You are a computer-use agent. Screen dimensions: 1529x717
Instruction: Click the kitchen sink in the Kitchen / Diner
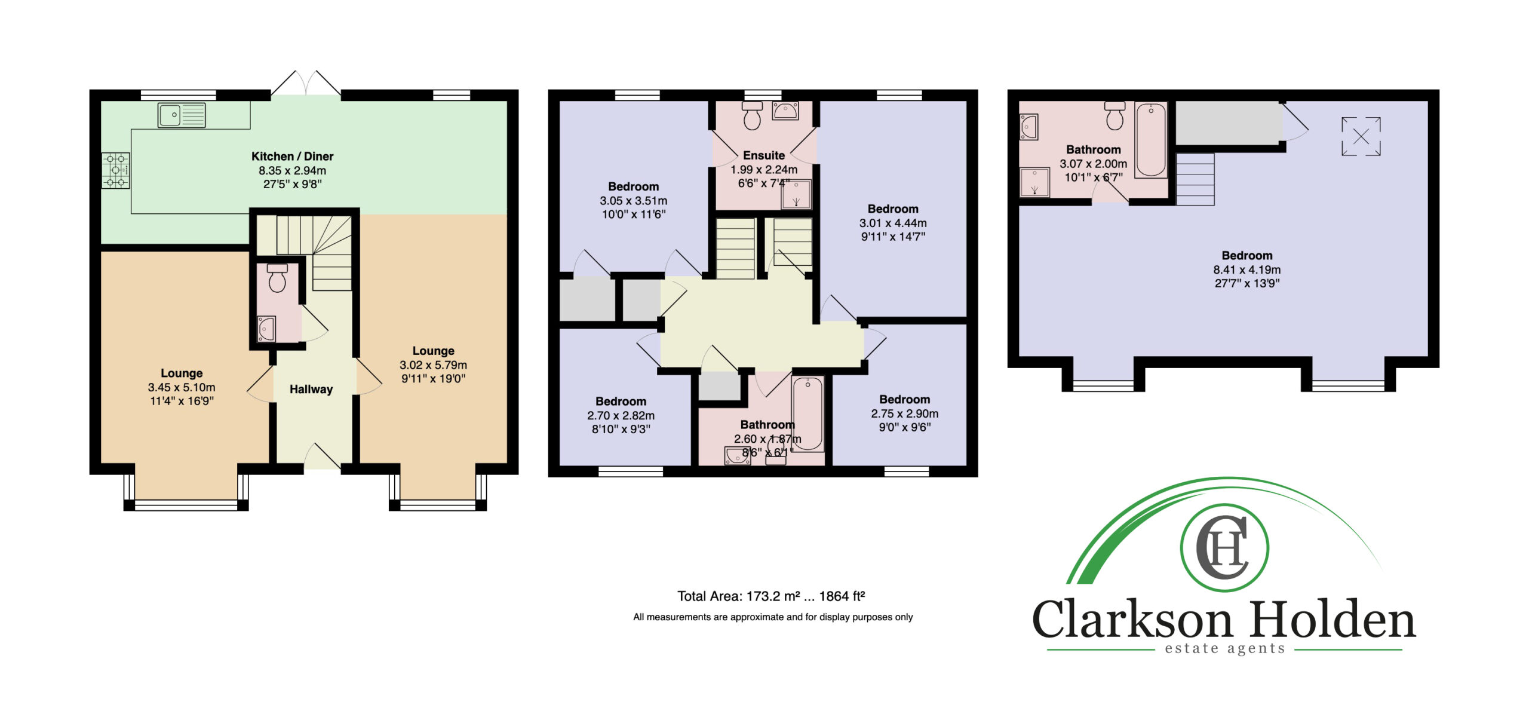click(182, 115)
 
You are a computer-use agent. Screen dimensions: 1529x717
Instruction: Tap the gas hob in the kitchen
click(116, 171)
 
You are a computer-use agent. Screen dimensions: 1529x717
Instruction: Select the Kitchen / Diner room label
click(292, 157)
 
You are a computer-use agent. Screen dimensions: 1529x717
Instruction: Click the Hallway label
click(311, 390)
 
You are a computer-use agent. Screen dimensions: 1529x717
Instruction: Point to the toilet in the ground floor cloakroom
click(277, 278)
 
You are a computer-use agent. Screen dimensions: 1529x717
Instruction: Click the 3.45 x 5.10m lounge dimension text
click(182, 388)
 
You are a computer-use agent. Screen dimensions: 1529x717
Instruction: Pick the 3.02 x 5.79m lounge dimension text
click(434, 365)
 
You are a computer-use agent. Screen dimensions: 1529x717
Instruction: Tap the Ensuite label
click(764, 155)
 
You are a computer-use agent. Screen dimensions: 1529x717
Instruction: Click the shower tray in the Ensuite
click(796, 194)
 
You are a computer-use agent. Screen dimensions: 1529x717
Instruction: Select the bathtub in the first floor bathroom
click(808, 413)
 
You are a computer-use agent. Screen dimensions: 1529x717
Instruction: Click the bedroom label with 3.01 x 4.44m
click(893, 209)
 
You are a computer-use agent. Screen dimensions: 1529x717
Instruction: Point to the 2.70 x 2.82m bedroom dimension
click(621, 416)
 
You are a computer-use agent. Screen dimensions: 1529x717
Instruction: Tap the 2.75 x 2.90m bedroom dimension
click(904, 414)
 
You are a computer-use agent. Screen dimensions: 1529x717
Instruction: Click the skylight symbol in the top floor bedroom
click(1361, 136)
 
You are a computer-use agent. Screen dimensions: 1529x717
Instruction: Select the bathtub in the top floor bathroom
click(1151, 140)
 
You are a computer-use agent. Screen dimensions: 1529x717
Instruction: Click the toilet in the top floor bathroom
click(1114, 115)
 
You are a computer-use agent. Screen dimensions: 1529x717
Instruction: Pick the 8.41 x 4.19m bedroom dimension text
click(1247, 270)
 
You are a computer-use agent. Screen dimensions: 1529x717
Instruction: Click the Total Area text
click(771, 596)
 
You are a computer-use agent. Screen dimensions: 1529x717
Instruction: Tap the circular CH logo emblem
click(1224, 548)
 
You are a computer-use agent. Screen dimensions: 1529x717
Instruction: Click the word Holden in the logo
click(1333, 620)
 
